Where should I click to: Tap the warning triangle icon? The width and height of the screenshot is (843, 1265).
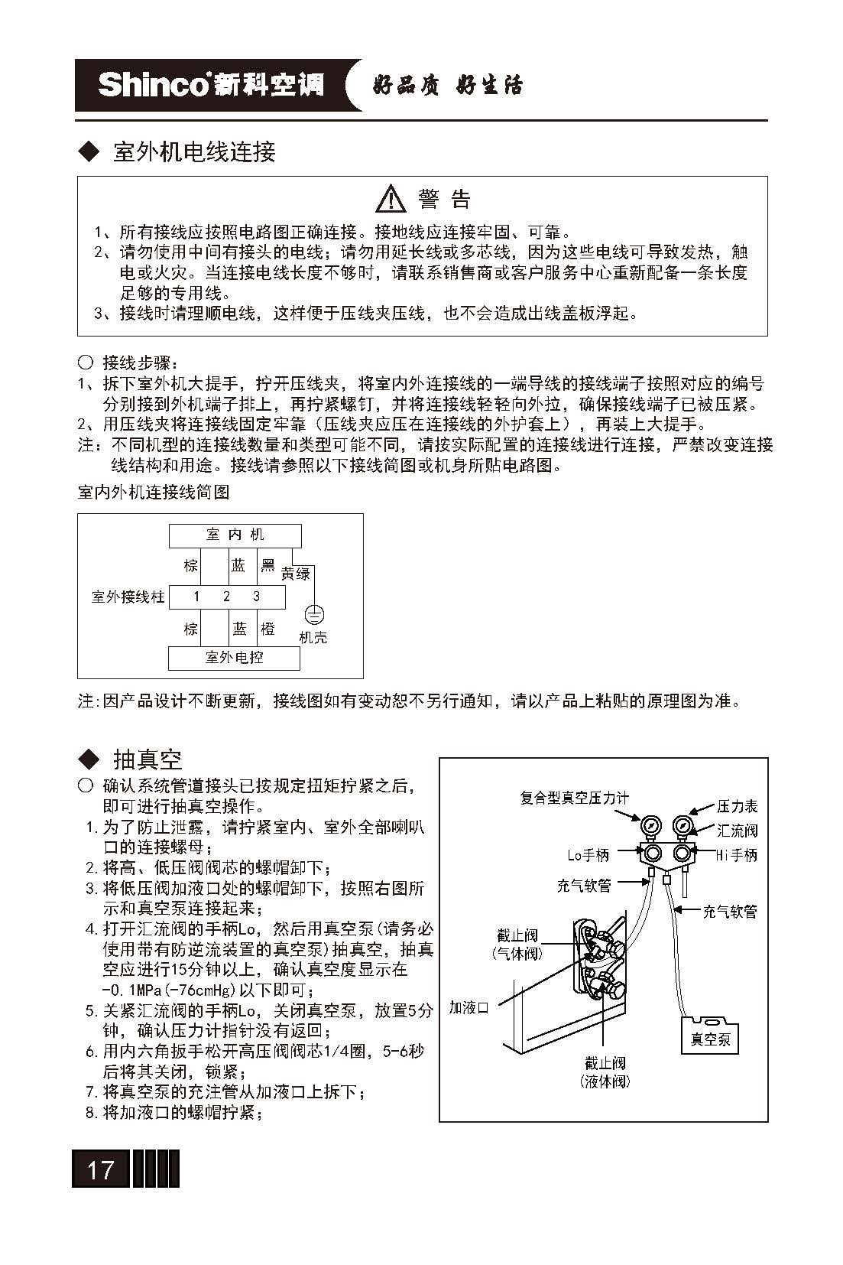pos(391,199)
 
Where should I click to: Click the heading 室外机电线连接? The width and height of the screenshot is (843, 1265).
pos(193,151)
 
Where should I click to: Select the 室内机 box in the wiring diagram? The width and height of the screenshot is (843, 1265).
pos(235,535)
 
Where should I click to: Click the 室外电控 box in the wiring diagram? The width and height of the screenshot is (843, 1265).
pos(234,657)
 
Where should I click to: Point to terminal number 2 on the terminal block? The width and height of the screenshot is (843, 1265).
pos(226,597)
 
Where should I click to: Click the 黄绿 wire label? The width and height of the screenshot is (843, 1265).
pos(295,573)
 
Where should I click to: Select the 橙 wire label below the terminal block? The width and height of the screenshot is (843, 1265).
pos(267,629)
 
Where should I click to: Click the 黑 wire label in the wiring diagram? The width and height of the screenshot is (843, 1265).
pos(267,565)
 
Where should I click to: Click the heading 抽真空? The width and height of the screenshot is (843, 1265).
pos(148,759)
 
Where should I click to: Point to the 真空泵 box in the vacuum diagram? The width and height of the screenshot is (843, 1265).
pos(710,1039)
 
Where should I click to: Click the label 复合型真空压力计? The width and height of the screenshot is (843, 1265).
pos(574,798)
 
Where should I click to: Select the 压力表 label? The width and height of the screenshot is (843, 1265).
pos(738,806)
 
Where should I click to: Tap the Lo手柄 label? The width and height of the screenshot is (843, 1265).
pos(588,855)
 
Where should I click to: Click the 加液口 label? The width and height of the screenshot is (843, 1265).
pos(469,1007)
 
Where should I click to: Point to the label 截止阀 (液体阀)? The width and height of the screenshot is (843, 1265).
pos(605,1072)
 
